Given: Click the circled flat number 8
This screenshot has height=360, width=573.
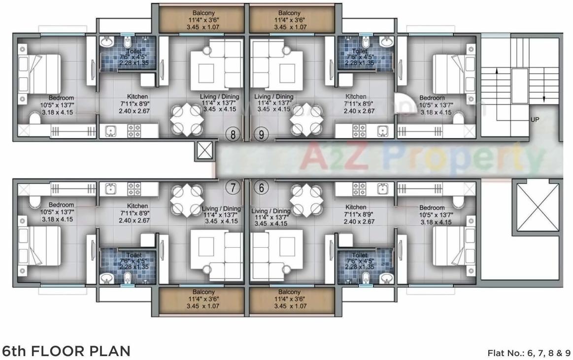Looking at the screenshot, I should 233,133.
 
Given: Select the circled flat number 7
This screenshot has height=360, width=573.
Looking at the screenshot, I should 233,187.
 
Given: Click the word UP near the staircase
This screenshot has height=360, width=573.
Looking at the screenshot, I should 535,120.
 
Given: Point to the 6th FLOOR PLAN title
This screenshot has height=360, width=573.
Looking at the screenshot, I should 67,351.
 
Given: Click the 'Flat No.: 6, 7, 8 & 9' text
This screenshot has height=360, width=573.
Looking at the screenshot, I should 529,353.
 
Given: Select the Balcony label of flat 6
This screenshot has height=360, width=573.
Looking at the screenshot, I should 289,292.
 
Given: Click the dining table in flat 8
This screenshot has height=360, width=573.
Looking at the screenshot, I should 186,120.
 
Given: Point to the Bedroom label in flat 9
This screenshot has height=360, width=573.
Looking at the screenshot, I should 432,98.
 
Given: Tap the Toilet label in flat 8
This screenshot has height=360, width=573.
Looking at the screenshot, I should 127,51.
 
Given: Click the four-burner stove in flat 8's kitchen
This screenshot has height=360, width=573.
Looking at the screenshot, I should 134,131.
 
